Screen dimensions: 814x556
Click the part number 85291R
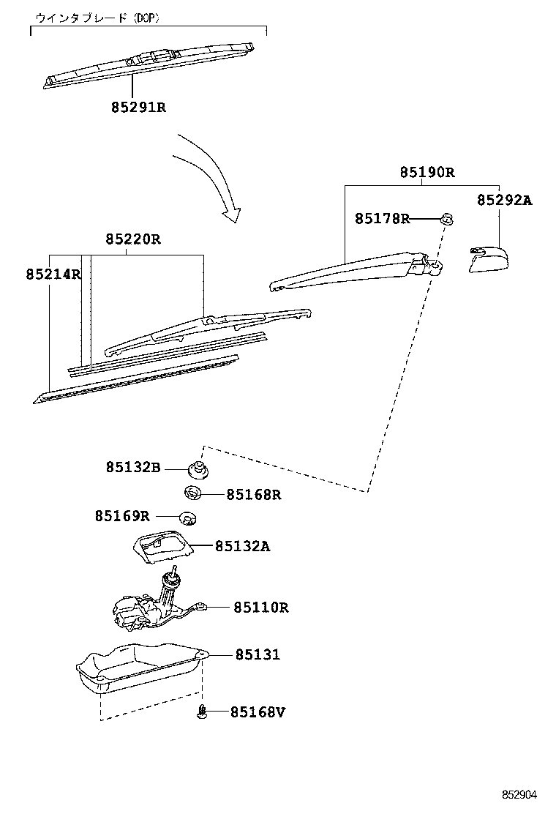point(138,107)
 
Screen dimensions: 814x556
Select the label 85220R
point(132,239)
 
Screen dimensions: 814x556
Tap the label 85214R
point(53,274)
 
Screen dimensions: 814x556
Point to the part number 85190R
point(427,173)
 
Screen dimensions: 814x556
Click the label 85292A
point(504,200)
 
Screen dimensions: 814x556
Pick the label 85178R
point(382,218)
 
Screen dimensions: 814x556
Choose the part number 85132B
point(132,466)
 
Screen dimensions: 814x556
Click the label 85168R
point(253,495)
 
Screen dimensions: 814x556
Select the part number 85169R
point(121,516)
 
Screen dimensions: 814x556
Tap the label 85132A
point(242,546)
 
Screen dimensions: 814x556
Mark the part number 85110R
point(261,607)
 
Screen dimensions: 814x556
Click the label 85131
point(257,654)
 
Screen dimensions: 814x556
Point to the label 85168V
point(258,712)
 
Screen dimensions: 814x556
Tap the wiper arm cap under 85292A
point(489,261)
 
